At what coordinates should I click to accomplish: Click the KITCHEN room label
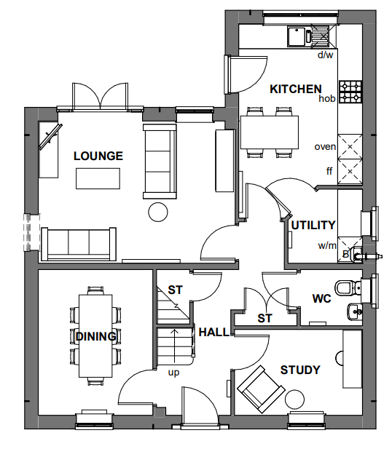pyautogui.click(x=296, y=89)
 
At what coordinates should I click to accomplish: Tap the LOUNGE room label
pyautogui.click(x=98, y=156)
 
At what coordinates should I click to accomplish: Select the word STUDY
pyautogui.click(x=300, y=370)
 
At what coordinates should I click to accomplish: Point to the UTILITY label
pyautogui.click(x=313, y=225)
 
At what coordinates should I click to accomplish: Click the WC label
pyautogui.click(x=322, y=298)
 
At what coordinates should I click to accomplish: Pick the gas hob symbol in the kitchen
pyautogui.click(x=350, y=92)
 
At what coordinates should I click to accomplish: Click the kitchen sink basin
pyautogui.click(x=297, y=36)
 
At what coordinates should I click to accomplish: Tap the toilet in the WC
pyautogui.click(x=348, y=287)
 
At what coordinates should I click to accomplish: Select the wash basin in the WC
pyautogui.click(x=355, y=311)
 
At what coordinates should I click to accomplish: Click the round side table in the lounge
pyautogui.click(x=157, y=212)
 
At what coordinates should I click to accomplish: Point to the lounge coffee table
pyautogui.click(x=98, y=178)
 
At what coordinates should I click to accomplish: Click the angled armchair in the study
pyautogui.click(x=261, y=389)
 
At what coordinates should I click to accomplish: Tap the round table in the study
pyautogui.click(x=294, y=400)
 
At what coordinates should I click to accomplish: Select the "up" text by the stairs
pyautogui.click(x=173, y=373)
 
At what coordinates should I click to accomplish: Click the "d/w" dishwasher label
pyautogui.click(x=326, y=55)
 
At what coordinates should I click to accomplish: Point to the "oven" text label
pyautogui.click(x=325, y=146)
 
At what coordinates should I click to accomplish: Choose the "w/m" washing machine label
pyautogui.click(x=327, y=245)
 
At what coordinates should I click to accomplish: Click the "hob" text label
pyautogui.click(x=327, y=98)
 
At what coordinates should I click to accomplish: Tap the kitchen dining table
pyautogui.click(x=270, y=132)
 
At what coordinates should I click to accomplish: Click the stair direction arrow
pyautogui.click(x=174, y=346)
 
